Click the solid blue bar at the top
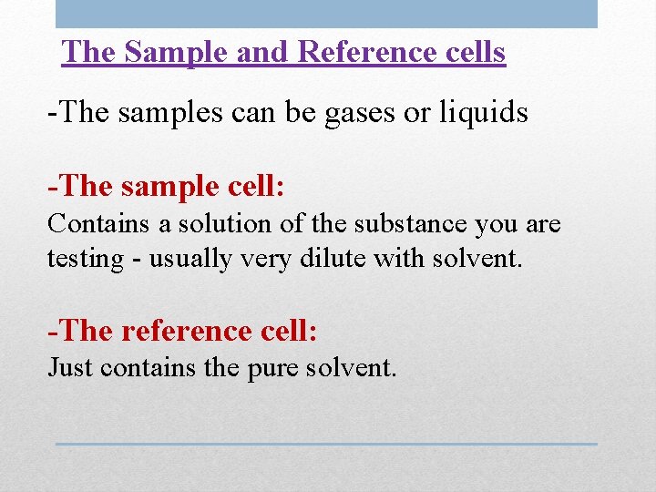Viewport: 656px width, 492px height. point(326,14)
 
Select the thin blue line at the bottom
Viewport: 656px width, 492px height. point(326,444)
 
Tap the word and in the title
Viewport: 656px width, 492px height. point(264,52)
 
